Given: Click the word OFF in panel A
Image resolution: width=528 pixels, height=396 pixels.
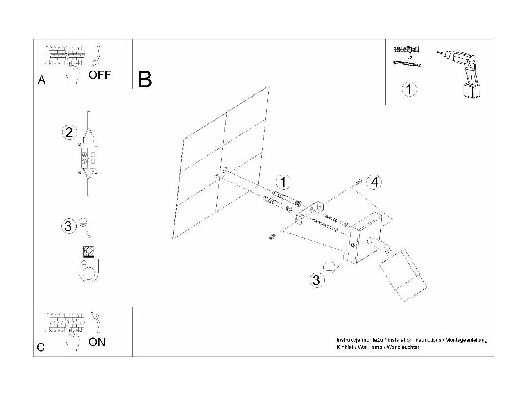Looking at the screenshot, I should tap(100, 75).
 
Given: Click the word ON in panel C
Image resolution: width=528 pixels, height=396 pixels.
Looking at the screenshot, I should tap(97, 342).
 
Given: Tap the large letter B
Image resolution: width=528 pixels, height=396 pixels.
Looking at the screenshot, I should tap(145, 80).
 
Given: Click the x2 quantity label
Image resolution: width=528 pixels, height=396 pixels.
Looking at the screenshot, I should tap(409, 58).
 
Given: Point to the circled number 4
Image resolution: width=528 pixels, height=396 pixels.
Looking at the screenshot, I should tap(374, 182).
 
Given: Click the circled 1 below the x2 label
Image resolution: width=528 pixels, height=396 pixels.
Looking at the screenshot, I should tap(409, 89).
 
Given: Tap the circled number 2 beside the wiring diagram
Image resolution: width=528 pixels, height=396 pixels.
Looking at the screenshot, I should tap(69, 132).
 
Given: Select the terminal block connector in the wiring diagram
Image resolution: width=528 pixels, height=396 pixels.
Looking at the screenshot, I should tap(88, 159).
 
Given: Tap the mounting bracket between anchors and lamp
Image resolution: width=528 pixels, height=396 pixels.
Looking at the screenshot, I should tap(310, 212).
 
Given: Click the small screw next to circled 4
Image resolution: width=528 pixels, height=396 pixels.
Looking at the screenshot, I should tap(359, 182).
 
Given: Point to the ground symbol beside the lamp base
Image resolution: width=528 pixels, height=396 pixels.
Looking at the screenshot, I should tap(329, 267).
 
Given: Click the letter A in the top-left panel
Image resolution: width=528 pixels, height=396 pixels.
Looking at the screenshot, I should tap(41, 80).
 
